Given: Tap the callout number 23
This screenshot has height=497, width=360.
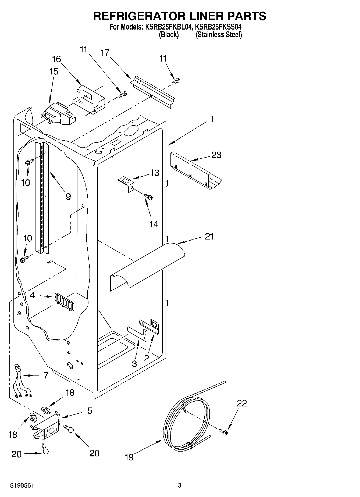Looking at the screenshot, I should pos(216,155).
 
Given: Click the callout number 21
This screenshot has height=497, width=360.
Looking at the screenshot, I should pos(209,237).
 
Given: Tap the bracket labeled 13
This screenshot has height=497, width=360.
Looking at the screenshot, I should pos(127,184).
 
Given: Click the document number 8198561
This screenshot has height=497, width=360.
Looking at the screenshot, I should pos(22,485).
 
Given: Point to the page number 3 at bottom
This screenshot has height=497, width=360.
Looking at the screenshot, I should pos(180,485).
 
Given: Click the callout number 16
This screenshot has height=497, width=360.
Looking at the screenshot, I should pos(56,59).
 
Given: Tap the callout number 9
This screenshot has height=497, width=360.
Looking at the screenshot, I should pos(68,197).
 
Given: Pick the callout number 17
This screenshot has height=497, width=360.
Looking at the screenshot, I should pos(105,52).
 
